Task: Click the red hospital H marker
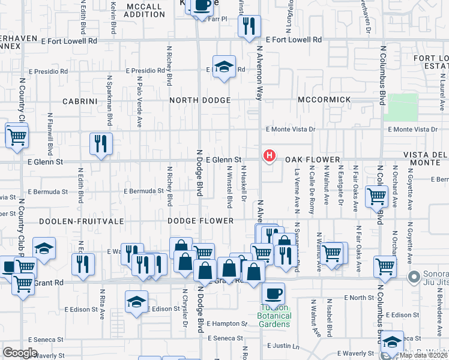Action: tap(270, 156)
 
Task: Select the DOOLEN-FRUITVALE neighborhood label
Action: tap(81, 221)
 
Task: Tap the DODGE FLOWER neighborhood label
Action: tap(200, 221)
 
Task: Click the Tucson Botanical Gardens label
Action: tap(274, 316)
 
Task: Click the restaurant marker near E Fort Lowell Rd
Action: tap(249, 25)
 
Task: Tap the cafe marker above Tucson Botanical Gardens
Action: tap(273, 293)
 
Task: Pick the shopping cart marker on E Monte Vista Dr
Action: tap(17, 134)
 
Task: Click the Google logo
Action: tap(20, 353)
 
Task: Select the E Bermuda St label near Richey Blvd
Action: tap(144, 191)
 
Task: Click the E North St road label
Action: tap(360, 298)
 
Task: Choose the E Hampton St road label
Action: tap(227, 323)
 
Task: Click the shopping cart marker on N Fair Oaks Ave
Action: tap(376, 195)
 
